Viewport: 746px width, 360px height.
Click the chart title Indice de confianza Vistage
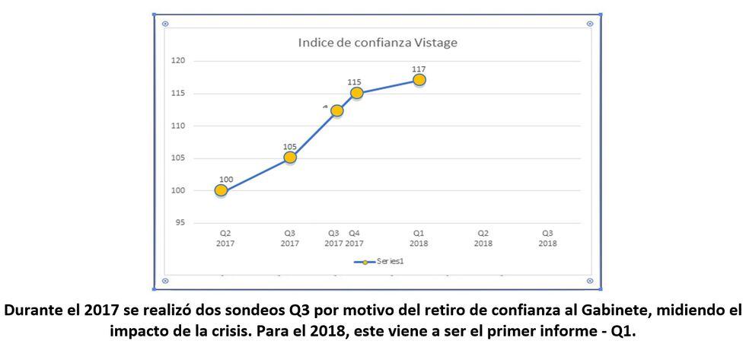click(x=378, y=43)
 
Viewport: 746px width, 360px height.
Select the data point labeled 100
click(x=221, y=190)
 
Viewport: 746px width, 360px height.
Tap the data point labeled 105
click(x=290, y=158)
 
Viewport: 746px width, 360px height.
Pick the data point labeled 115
click(x=356, y=93)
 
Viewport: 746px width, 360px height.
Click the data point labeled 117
click(x=419, y=80)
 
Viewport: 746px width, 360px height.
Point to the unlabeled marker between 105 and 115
click(x=336, y=110)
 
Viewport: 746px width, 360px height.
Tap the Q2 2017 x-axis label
click(x=225, y=239)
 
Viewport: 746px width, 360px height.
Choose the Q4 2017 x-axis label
click(x=355, y=239)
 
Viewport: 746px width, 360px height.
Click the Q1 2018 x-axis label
click(x=419, y=239)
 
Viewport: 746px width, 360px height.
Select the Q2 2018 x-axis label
click(x=483, y=239)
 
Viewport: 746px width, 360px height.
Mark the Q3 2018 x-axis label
click(x=547, y=239)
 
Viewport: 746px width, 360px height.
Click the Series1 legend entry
click(x=378, y=261)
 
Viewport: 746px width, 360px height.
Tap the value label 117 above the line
click(x=419, y=68)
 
